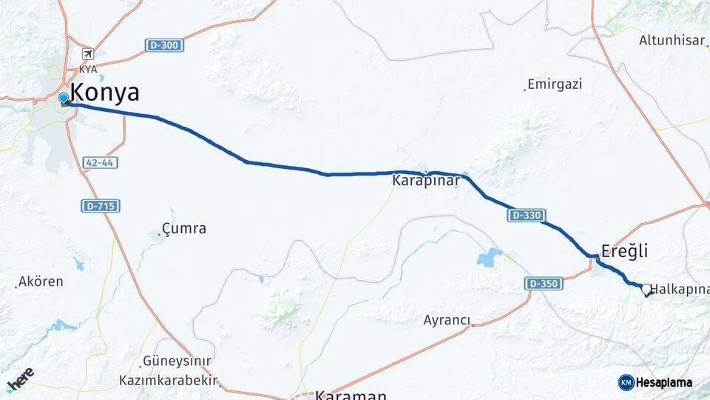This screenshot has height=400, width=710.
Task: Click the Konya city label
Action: pos(104,93)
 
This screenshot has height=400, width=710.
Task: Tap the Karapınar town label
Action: pos(426,180)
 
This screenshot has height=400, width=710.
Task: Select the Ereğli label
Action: pos(625,251)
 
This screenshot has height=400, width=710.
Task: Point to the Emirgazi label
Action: pos(555,84)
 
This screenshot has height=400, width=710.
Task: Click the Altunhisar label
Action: pos(672,40)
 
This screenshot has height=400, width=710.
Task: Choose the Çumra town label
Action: pos(185,228)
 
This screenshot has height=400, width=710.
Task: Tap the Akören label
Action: pos(41,281)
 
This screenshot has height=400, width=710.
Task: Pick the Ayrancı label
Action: pos(447,320)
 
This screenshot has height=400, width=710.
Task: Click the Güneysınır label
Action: pos(177,361)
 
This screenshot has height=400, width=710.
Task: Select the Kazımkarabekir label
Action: pos(169,381)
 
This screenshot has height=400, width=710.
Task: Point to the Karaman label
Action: pos(351,395)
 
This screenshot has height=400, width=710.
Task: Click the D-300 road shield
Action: pos(164,46)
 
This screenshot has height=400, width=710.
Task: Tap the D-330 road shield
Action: pos(527,216)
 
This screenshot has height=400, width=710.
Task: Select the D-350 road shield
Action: pos(544,283)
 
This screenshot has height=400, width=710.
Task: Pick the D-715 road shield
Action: pos(101,206)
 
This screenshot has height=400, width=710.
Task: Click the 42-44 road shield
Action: pos(101,162)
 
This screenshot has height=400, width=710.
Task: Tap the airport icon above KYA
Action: pos(88,54)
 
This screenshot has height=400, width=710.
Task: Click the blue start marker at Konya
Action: pos(64,98)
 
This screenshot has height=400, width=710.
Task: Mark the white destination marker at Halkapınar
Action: pos(646,290)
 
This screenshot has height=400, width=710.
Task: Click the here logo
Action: pos(20,379)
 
